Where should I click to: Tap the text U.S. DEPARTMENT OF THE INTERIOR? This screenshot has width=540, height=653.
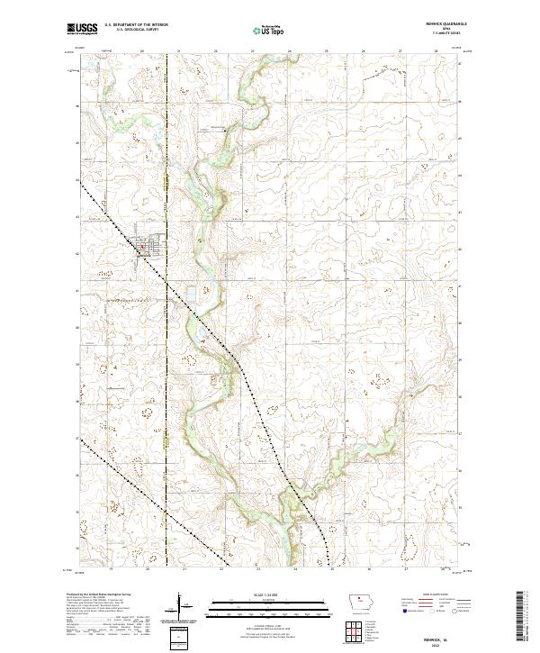[136, 26]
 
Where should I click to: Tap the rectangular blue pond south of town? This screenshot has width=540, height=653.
[191, 293]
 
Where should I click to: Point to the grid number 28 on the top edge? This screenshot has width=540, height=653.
[435, 51]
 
